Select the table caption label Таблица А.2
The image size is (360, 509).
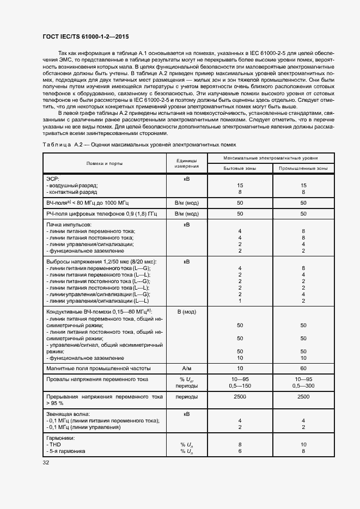62,145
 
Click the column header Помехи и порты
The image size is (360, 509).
104,163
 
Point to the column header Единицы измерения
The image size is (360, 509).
186,163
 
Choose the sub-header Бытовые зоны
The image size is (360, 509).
240,168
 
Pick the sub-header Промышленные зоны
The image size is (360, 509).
303,168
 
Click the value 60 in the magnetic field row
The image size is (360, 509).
303,369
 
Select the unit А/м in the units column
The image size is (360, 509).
186,369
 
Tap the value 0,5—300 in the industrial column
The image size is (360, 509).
303,385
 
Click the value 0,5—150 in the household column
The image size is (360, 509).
240,385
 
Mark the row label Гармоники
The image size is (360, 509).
60,438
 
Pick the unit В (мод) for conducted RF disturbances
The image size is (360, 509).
186,312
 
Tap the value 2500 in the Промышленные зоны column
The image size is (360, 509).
303,397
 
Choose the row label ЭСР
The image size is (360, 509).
53,179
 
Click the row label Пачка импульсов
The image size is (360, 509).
69,224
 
